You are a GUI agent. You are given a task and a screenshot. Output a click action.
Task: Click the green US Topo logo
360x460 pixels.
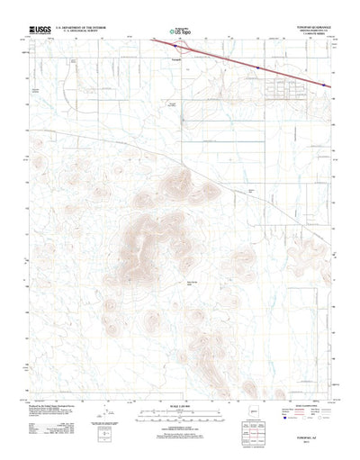click(x=180, y=33)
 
